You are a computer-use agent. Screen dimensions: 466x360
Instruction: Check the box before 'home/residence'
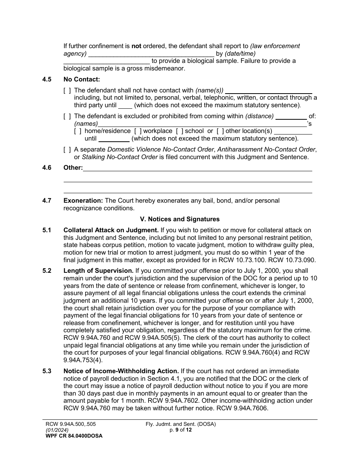[x=78, y=131]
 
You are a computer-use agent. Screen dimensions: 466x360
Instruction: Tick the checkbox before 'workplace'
[x=138, y=131]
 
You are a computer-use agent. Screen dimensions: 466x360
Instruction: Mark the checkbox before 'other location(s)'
[x=220, y=131]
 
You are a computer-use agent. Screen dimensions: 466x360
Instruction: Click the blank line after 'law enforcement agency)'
[x=151, y=54]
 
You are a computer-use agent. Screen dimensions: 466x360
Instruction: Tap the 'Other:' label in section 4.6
[x=73, y=167]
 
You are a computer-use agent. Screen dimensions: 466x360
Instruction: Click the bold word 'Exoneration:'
[x=83, y=200]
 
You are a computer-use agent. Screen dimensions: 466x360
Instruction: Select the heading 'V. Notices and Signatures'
[x=180, y=219]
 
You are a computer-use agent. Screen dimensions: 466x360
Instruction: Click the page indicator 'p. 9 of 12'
[x=181, y=430]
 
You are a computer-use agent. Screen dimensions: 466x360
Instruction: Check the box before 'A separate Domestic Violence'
[x=67, y=150]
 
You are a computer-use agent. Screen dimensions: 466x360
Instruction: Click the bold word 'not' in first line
[x=136, y=46]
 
